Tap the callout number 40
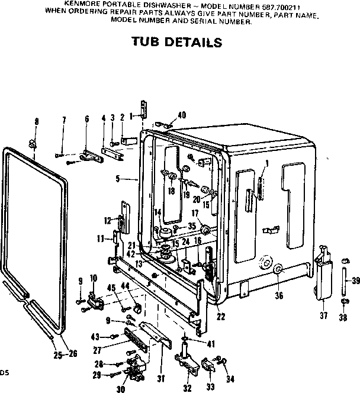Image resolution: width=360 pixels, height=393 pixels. click(182, 115)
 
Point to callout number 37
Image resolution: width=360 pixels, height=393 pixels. click(323, 315)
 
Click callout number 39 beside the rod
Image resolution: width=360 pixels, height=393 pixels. click(355, 281)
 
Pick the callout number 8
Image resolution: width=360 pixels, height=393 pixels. click(37, 121)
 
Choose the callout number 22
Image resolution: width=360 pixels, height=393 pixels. click(221, 317)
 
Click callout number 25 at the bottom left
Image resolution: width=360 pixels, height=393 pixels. click(57, 355)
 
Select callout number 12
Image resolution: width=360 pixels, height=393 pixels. click(107, 220)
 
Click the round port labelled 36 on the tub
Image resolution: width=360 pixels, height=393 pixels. click(277, 270)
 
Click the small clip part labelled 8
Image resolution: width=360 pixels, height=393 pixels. click(34, 141)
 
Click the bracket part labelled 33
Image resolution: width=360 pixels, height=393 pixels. click(208, 365)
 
